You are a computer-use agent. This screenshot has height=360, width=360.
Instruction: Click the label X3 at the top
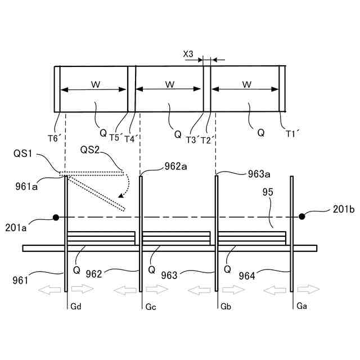[x=188, y=54]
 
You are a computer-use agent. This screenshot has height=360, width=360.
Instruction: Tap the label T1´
[x=292, y=134]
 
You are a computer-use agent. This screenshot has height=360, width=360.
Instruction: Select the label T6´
[x=55, y=138]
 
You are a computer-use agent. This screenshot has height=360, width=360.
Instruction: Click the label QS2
[x=91, y=150]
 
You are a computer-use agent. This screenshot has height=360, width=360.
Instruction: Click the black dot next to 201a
[x=56, y=217]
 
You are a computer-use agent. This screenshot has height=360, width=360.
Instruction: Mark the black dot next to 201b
[x=302, y=217]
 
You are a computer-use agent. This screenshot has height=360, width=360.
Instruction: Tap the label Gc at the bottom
[x=150, y=306]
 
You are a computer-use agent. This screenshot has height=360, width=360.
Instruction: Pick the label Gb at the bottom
[x=226, y=306]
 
